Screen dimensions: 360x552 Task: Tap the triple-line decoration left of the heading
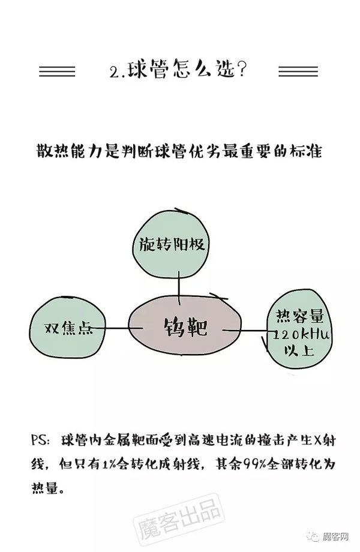coord(58,71)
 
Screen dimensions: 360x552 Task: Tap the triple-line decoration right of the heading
coord(298,71)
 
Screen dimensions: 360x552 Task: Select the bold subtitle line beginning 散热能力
coord(179,151)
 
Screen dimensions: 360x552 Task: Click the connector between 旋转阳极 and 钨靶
coord(179,287)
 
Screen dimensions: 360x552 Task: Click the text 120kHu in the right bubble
coord(301,334)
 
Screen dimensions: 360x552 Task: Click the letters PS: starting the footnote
coord(41,440)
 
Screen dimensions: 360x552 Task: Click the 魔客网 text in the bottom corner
coord(336,537)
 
